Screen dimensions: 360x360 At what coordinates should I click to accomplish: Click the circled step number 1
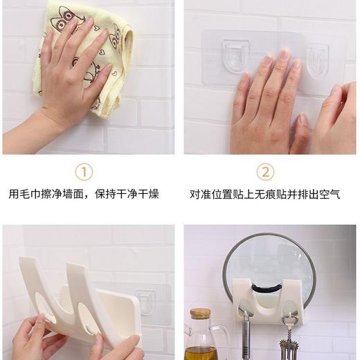pos(83,171)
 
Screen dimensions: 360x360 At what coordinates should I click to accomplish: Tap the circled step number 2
pos(265,171)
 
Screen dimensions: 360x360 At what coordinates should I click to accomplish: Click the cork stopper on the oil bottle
pos(200,314)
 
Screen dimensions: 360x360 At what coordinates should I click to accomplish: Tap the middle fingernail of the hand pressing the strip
pos(285,55)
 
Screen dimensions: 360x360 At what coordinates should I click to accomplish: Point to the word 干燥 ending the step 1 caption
pos(149,195)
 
